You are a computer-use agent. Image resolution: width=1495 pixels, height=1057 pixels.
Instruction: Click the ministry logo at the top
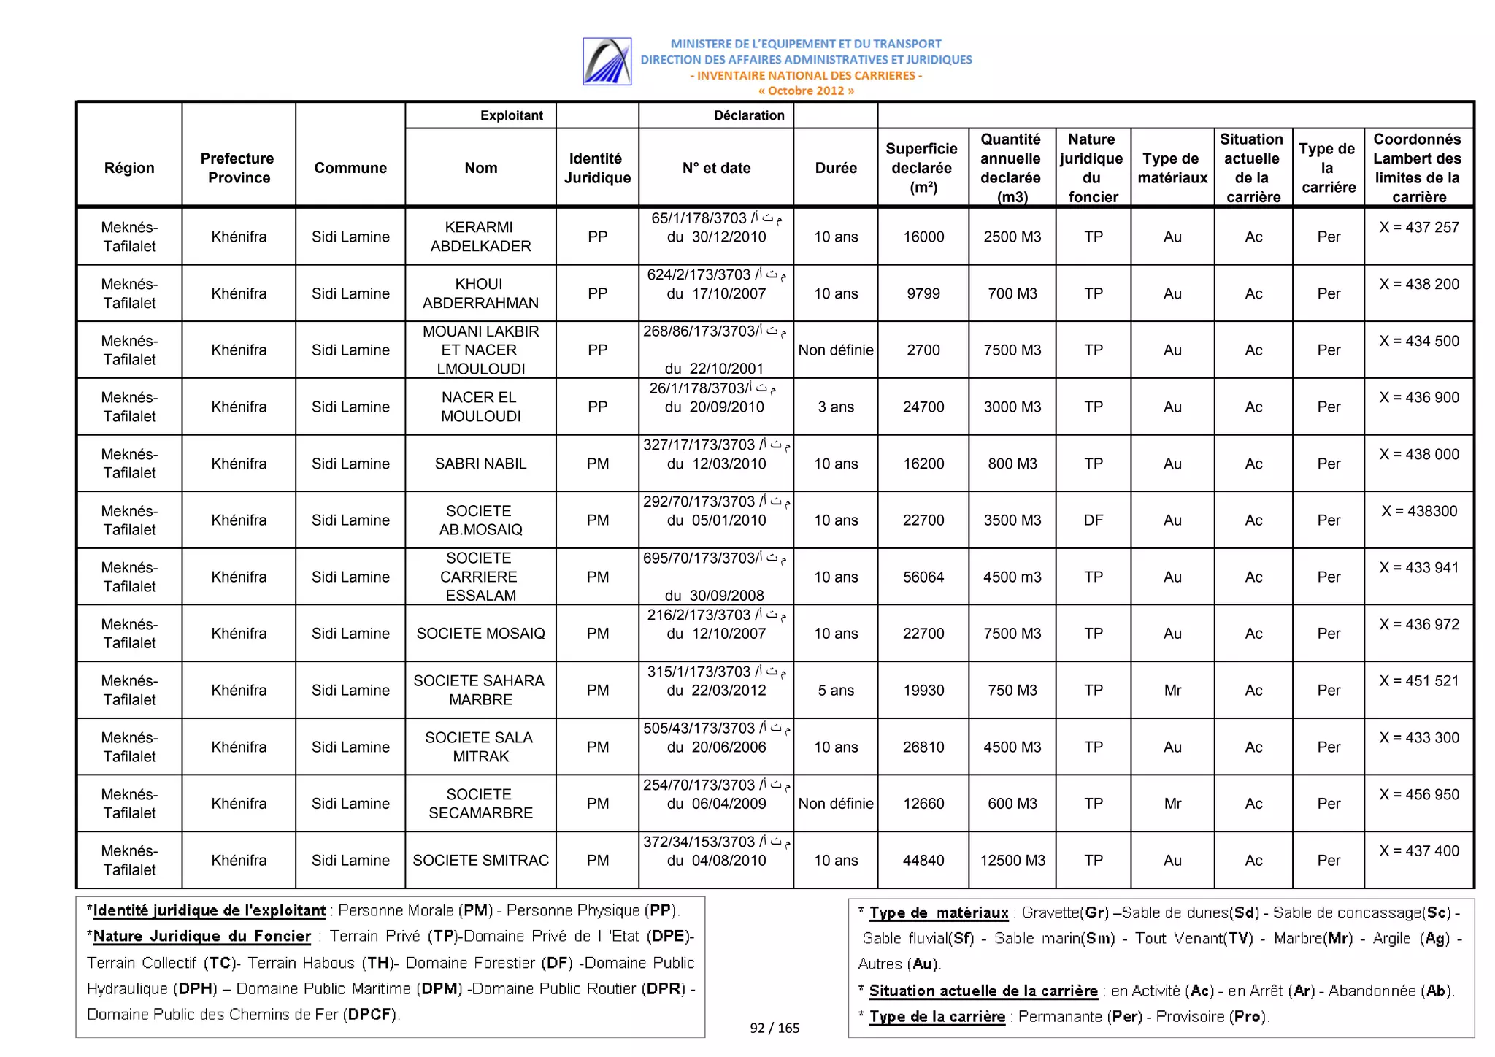pos(607,61)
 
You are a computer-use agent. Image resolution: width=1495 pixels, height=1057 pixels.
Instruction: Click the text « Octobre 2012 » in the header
pos(805,91)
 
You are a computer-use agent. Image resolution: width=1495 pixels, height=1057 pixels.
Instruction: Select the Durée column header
pos(835,168)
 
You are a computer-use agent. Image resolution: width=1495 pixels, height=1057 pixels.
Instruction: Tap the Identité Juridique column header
pos(596,168)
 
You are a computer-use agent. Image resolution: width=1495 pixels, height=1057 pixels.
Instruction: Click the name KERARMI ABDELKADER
pos(480,237)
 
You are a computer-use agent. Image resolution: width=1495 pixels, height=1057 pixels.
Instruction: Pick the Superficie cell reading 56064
pos(923,577)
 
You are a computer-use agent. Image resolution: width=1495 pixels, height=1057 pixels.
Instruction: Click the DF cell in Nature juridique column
pos(1093,520)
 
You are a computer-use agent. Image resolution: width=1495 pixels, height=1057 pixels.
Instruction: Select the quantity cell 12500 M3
pos(1012,860)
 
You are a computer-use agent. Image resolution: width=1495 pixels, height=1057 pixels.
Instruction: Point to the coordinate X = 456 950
pos(1418,794)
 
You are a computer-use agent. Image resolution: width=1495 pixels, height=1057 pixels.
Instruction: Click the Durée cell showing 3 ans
pos(835,407)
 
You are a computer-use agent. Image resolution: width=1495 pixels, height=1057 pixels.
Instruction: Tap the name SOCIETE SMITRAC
pos(480,860)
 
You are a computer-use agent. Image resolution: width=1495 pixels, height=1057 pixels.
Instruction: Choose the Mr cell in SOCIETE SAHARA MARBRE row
pos(1172,690)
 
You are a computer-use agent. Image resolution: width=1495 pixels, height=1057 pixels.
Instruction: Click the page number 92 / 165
pos(775,1028)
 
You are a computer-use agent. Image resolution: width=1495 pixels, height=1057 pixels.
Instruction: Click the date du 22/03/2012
pos(715,690)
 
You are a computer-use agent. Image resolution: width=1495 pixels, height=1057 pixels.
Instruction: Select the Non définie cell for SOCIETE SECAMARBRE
pos(835,803)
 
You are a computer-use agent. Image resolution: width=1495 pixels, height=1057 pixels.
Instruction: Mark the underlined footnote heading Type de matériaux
pos(938,912)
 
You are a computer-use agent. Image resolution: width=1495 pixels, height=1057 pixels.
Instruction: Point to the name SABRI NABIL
pos(480,464)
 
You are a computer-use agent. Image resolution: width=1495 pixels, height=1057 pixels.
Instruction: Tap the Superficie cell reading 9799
pos(923,293)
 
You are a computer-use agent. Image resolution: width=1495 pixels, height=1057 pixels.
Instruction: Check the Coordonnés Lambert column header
pos(1417,168)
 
